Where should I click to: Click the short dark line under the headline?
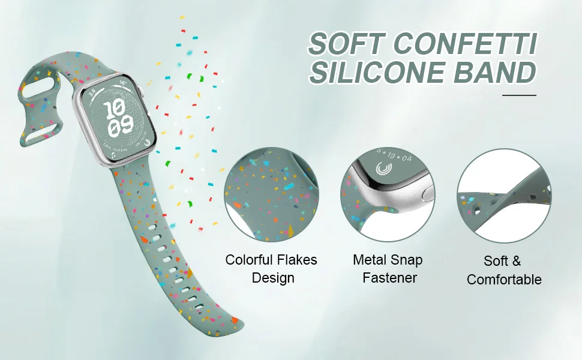[x=518, y=95]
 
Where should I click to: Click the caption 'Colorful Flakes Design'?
[x=271, y=269]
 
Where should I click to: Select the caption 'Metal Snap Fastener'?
[x=387, y=269]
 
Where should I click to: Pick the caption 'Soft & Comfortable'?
[x=504, y=271]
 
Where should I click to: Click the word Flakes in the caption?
[x=297, y=260]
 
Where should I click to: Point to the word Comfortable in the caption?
[x=504, y=280]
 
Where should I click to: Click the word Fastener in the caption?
[x=389, y=278]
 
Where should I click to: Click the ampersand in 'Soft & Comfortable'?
[x=514, y=262]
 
